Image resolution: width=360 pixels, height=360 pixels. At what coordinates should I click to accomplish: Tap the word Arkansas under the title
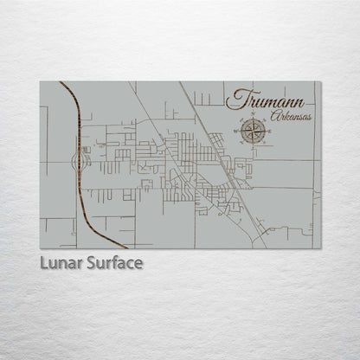(x=291, y=115)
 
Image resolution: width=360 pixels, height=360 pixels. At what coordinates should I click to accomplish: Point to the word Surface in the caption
(x=112, y=262)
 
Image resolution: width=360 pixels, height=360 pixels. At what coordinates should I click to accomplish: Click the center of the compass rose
(x=253, y=132)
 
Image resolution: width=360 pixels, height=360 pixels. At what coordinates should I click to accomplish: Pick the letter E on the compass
(x=270, y=132)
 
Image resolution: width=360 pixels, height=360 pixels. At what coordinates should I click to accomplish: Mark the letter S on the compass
(x=253, y=147)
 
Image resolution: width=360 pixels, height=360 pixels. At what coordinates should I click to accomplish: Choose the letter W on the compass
(x=236, y=132)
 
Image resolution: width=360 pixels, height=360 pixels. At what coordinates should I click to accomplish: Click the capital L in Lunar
(x=44, y=262)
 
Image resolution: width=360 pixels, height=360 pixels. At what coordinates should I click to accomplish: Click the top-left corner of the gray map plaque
(x=40, y=81)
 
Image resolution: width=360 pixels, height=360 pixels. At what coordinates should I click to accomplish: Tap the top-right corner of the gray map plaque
(x=321, y=81)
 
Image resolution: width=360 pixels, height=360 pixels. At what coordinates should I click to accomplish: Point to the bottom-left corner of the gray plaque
(x=40, y=248)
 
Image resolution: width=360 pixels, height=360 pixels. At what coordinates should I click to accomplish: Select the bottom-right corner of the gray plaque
(x=321, y=248)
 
